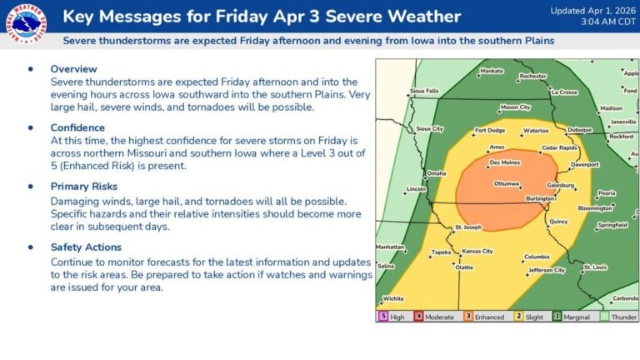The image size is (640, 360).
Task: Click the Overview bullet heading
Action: [73, 68]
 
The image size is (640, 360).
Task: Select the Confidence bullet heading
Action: [77, 127]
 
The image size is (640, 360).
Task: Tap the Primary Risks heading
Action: [85, 186]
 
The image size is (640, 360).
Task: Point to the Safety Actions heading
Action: [86, 247]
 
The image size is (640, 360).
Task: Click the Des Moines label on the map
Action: [505, 162]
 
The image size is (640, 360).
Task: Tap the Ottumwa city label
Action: [507, 183]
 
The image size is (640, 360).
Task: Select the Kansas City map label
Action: [477, 251]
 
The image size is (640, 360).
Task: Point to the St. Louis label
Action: [595, 267]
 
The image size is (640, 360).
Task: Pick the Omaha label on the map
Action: [436, 173]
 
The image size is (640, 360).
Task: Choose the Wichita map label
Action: [393, 298]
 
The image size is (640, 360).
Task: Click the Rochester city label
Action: [532, 76]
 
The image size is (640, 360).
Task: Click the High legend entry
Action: [395, 317]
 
